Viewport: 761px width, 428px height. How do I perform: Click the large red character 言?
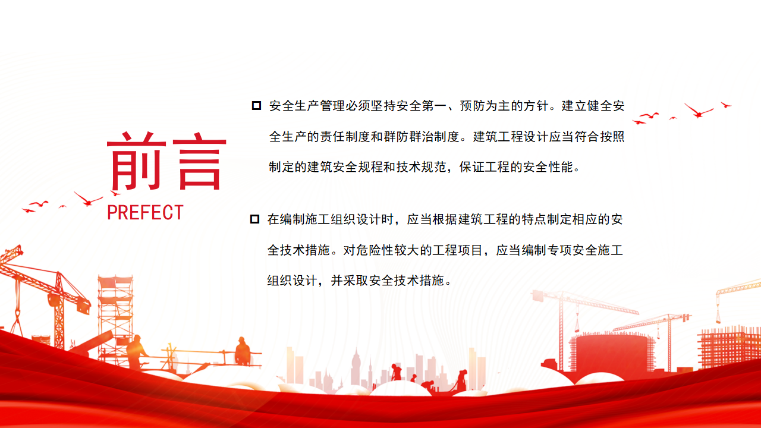point(199,160)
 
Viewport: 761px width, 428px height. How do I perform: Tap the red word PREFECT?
point(146,213)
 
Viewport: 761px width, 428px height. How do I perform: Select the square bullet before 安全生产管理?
point(256,106)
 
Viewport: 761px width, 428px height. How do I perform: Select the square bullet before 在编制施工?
point(254,219)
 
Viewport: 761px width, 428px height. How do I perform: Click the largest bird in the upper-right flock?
point(698,111)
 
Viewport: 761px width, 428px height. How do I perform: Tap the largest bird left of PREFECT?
point(88,199)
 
